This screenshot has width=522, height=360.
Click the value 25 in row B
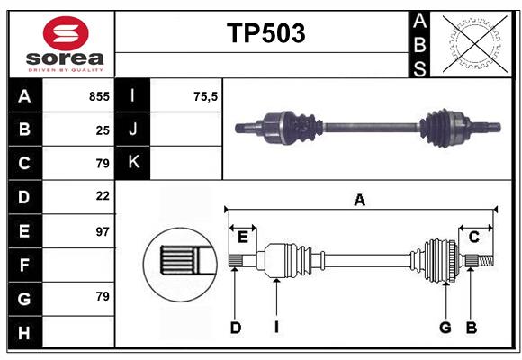103,130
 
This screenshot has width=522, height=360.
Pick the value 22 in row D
103,195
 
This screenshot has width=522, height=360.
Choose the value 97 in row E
103,231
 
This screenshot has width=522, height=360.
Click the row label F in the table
24,265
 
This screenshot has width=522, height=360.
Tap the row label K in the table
134,162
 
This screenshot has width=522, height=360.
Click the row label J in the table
134,130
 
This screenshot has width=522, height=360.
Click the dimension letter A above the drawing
359,200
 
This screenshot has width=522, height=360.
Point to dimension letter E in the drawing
243,237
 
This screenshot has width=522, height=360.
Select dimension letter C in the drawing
473,237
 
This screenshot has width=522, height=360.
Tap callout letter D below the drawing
235,328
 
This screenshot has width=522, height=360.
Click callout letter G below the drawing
445,328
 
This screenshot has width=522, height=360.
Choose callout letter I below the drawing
276,328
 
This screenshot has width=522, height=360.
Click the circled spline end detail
178,262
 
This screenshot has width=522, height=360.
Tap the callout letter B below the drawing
471,328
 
